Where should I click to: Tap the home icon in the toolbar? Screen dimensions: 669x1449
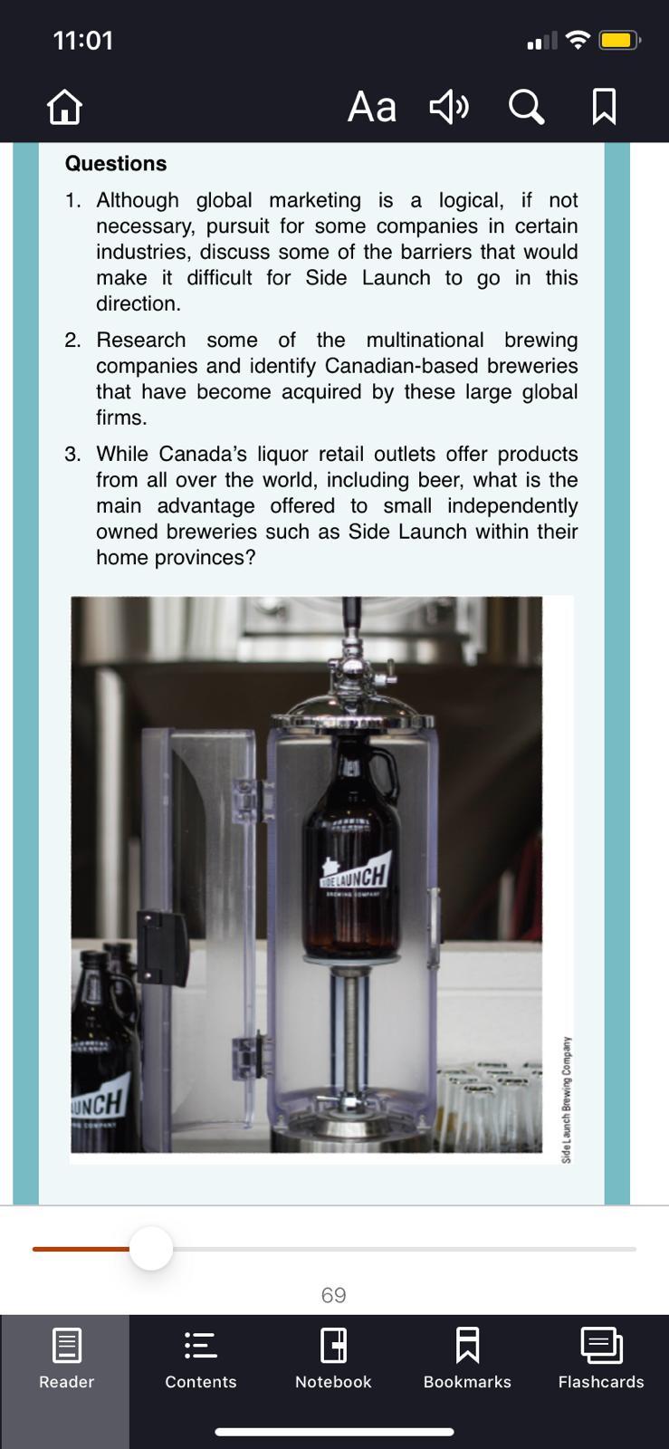pyautogui.click(x=64, y=107)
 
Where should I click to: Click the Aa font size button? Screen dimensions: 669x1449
pyautogui.click(x=372, y=107)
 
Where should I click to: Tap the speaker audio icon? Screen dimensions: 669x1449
pyautogui.click(x=449, y=107)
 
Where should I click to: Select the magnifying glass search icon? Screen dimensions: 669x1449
pyautogui.click(x=526, y=107)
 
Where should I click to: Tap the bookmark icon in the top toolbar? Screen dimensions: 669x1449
pyautogui.click(x=604, y=107)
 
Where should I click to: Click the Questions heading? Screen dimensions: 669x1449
pyautogui.click(x=116, y=164)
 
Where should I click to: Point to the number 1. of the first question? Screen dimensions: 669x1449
pyautogui.click(x=73, y=200)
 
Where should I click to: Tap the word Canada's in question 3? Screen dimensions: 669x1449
pyautogui.click(x=203, y=454)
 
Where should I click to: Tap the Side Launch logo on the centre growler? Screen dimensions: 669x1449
pyautogui.click(x=356, y=874)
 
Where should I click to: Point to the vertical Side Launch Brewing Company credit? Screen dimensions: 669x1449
pyautogui.click(x=566, y=1099)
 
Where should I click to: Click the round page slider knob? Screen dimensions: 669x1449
pyautogui.click(x=151, y=1249)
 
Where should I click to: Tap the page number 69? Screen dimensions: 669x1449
pyautogui.click(x=333, y=1295)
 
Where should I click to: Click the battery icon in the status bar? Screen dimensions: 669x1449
pyautogui.click(x=619, y=41)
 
